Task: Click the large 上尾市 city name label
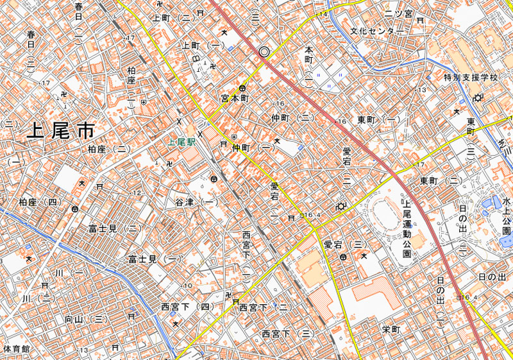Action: click(x=61, y=131)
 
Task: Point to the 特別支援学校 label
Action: click(x=471, y=78)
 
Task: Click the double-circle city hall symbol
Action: click(x=264, y=52)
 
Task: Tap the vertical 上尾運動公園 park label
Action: click(x=407, y=225)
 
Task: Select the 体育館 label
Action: click(x=16, y=349)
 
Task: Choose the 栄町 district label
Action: click(x=391, y=330)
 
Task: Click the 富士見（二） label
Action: click(x=115, y=228)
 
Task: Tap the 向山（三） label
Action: click(x=85, y=318)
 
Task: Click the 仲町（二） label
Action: click(x=292, y=118)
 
